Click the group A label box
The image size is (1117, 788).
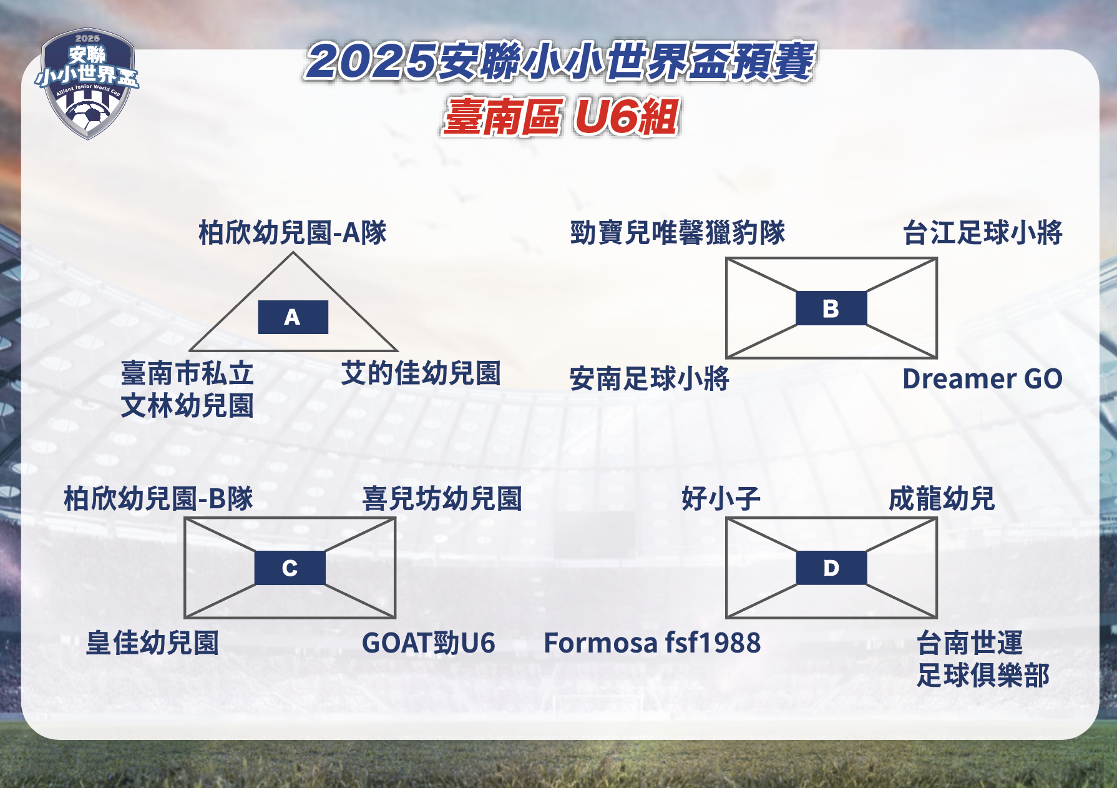tap(293, 317)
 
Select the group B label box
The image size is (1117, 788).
tap(831, 308)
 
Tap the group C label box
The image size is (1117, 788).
tap(290, 568)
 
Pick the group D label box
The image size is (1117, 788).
tap(831, 568)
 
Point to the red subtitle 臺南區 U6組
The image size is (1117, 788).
tap(560, 117)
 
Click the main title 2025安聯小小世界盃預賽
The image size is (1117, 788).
tap(560, 62)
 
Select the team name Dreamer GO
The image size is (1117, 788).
tap(982, 379)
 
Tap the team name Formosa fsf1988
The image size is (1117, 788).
tap(652, 643)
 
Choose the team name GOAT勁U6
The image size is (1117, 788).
tap(428, 643)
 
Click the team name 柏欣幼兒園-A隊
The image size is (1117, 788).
tap(293, 232)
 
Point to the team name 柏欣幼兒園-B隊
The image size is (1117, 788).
tap(159, 499)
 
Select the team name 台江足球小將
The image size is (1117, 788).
tap(982, 232)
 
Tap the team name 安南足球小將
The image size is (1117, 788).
tap(649, 378)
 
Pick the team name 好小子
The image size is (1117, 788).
tap(721, 499)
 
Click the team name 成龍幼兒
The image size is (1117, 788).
tap(942, 499)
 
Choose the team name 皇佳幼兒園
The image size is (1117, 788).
tap(152, 643)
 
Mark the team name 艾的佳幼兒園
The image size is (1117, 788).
tap(421, 373)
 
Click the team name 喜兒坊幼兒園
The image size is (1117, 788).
tap(442, 499)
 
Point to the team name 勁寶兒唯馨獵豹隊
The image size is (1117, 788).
tap(678, 232)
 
